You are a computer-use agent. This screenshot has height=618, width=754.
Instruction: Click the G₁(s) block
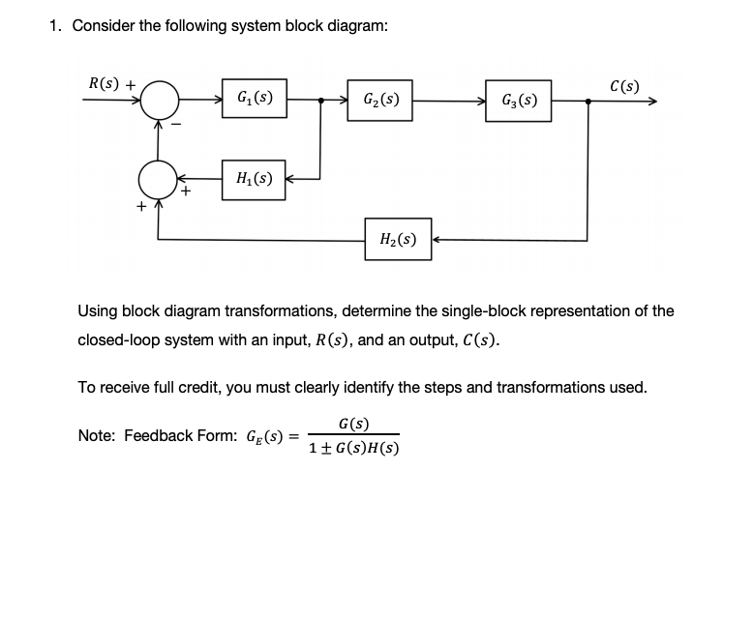255,99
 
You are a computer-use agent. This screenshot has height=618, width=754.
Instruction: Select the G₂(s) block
380,100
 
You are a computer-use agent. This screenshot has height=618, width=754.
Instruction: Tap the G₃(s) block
520,101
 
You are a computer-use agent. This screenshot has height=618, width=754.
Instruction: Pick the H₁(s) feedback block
254,180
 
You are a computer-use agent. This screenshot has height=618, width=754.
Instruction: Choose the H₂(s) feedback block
398,240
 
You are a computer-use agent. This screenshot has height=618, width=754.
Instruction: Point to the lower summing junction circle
159,179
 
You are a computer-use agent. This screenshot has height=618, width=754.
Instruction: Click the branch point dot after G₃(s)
588,100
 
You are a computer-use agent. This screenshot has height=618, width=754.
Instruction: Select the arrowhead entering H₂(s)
436,240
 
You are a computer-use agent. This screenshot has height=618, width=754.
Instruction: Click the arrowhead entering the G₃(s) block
481,100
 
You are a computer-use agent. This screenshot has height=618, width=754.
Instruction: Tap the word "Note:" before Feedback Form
97,436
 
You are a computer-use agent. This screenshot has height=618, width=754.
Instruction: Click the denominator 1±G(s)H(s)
354,448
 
